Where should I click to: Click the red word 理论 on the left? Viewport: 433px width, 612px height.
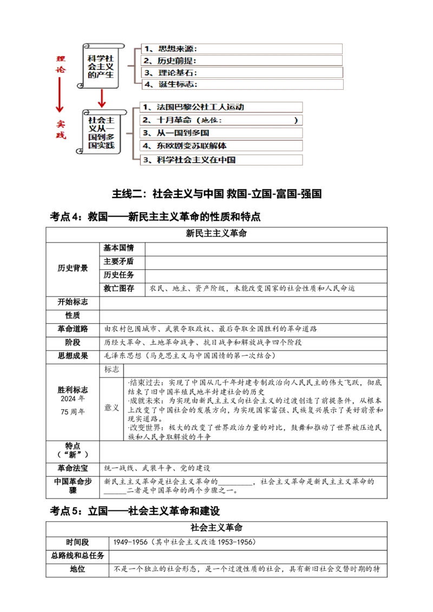61,64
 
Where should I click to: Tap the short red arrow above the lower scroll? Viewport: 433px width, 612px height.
101,98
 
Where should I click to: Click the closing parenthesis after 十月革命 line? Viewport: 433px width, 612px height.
296,120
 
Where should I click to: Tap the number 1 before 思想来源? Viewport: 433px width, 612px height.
146,49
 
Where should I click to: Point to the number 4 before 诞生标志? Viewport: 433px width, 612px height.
147,84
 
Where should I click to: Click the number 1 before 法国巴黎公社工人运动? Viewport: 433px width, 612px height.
143,107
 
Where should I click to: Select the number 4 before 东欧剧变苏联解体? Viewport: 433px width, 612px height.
145,146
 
